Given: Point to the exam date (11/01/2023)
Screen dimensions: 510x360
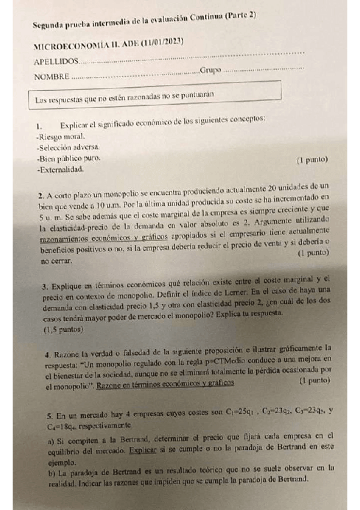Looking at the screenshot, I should pos(163,41).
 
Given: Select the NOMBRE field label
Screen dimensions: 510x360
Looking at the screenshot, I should pos(52,77).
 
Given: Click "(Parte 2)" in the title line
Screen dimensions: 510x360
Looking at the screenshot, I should pos(240,16).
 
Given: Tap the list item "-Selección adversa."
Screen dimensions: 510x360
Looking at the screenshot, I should pos(69,147).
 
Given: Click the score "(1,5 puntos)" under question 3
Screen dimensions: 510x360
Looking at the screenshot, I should pos(64,330).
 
